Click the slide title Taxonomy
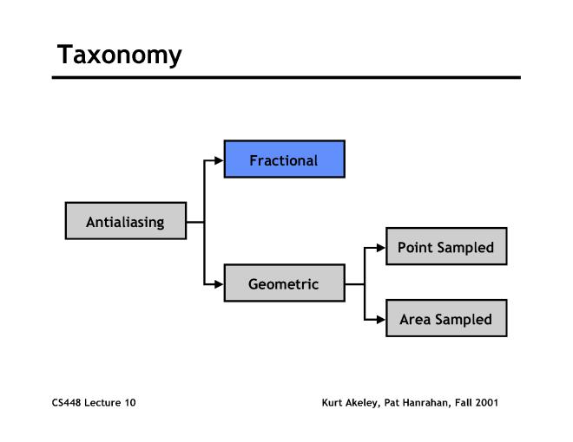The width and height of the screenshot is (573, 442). [119, 55]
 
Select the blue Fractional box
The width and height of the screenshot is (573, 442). [284, 159]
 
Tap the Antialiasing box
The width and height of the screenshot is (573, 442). [125, 222]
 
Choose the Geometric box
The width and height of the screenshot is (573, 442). [284, 283]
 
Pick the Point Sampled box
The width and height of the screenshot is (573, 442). [445, 247]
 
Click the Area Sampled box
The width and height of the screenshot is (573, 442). [445, 319]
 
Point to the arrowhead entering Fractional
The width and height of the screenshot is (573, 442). [219, 160]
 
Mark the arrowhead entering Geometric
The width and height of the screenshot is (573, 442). [219, 283]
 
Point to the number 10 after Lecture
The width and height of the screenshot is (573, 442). [129, 403]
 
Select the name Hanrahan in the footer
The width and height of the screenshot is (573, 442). [428, 403]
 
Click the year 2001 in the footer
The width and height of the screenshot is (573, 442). [486, 403]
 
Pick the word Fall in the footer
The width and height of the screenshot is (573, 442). [463, 403]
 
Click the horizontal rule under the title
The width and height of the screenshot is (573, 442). [286, 77]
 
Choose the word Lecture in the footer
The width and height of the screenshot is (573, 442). [102, 403]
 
